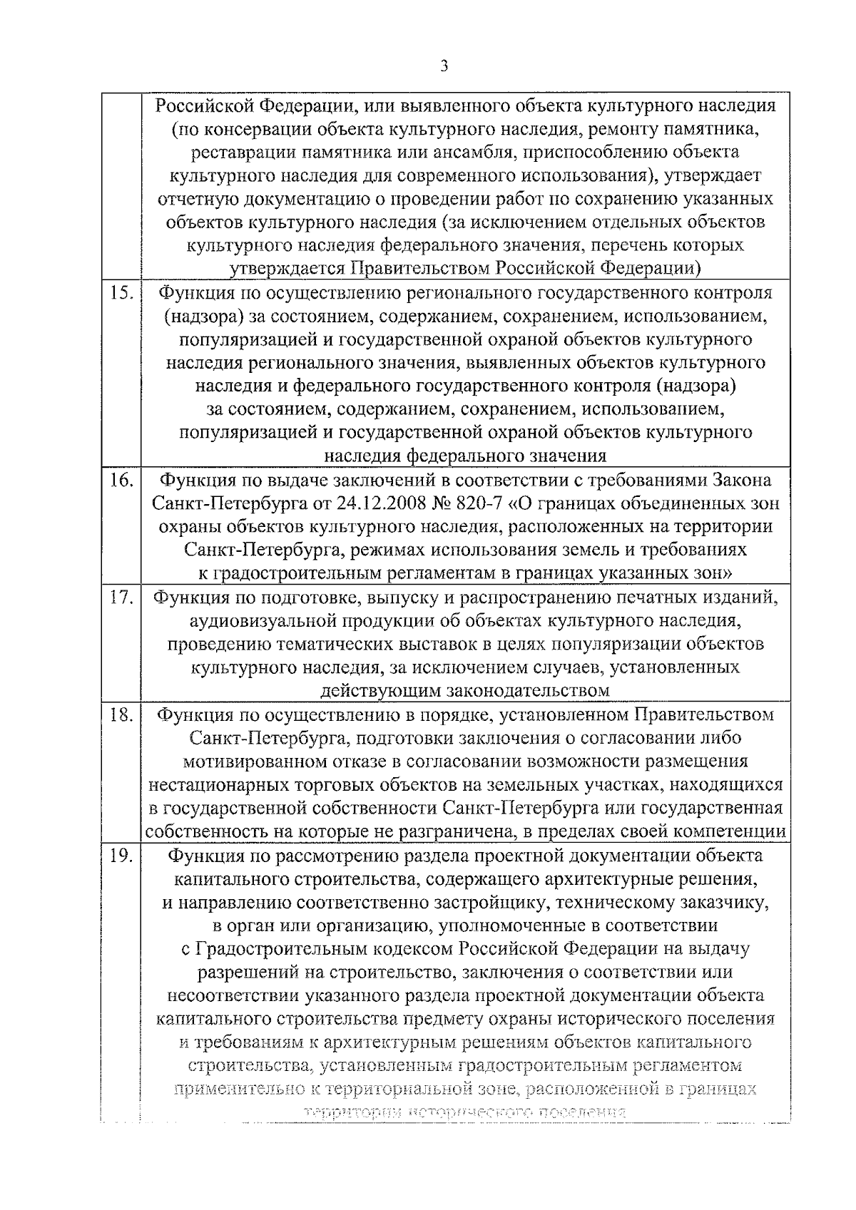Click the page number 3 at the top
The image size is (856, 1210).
[444, 66]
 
